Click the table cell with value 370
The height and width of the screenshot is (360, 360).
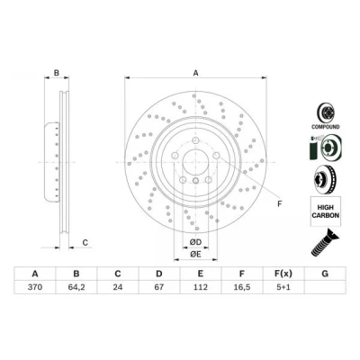(35, 287)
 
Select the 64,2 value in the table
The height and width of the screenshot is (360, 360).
(76, 287)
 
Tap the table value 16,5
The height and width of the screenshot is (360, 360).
(242, 287)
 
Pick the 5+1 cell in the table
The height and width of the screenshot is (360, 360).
(283, 287)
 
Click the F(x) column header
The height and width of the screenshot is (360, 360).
(283, 274)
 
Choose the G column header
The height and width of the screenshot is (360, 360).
(325, 274)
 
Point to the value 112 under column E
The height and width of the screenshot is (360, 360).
(201, 287)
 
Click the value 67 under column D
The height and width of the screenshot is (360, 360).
(159, 287)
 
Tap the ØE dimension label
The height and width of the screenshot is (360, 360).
(195, 255)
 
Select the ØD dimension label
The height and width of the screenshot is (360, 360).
(195, 242)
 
